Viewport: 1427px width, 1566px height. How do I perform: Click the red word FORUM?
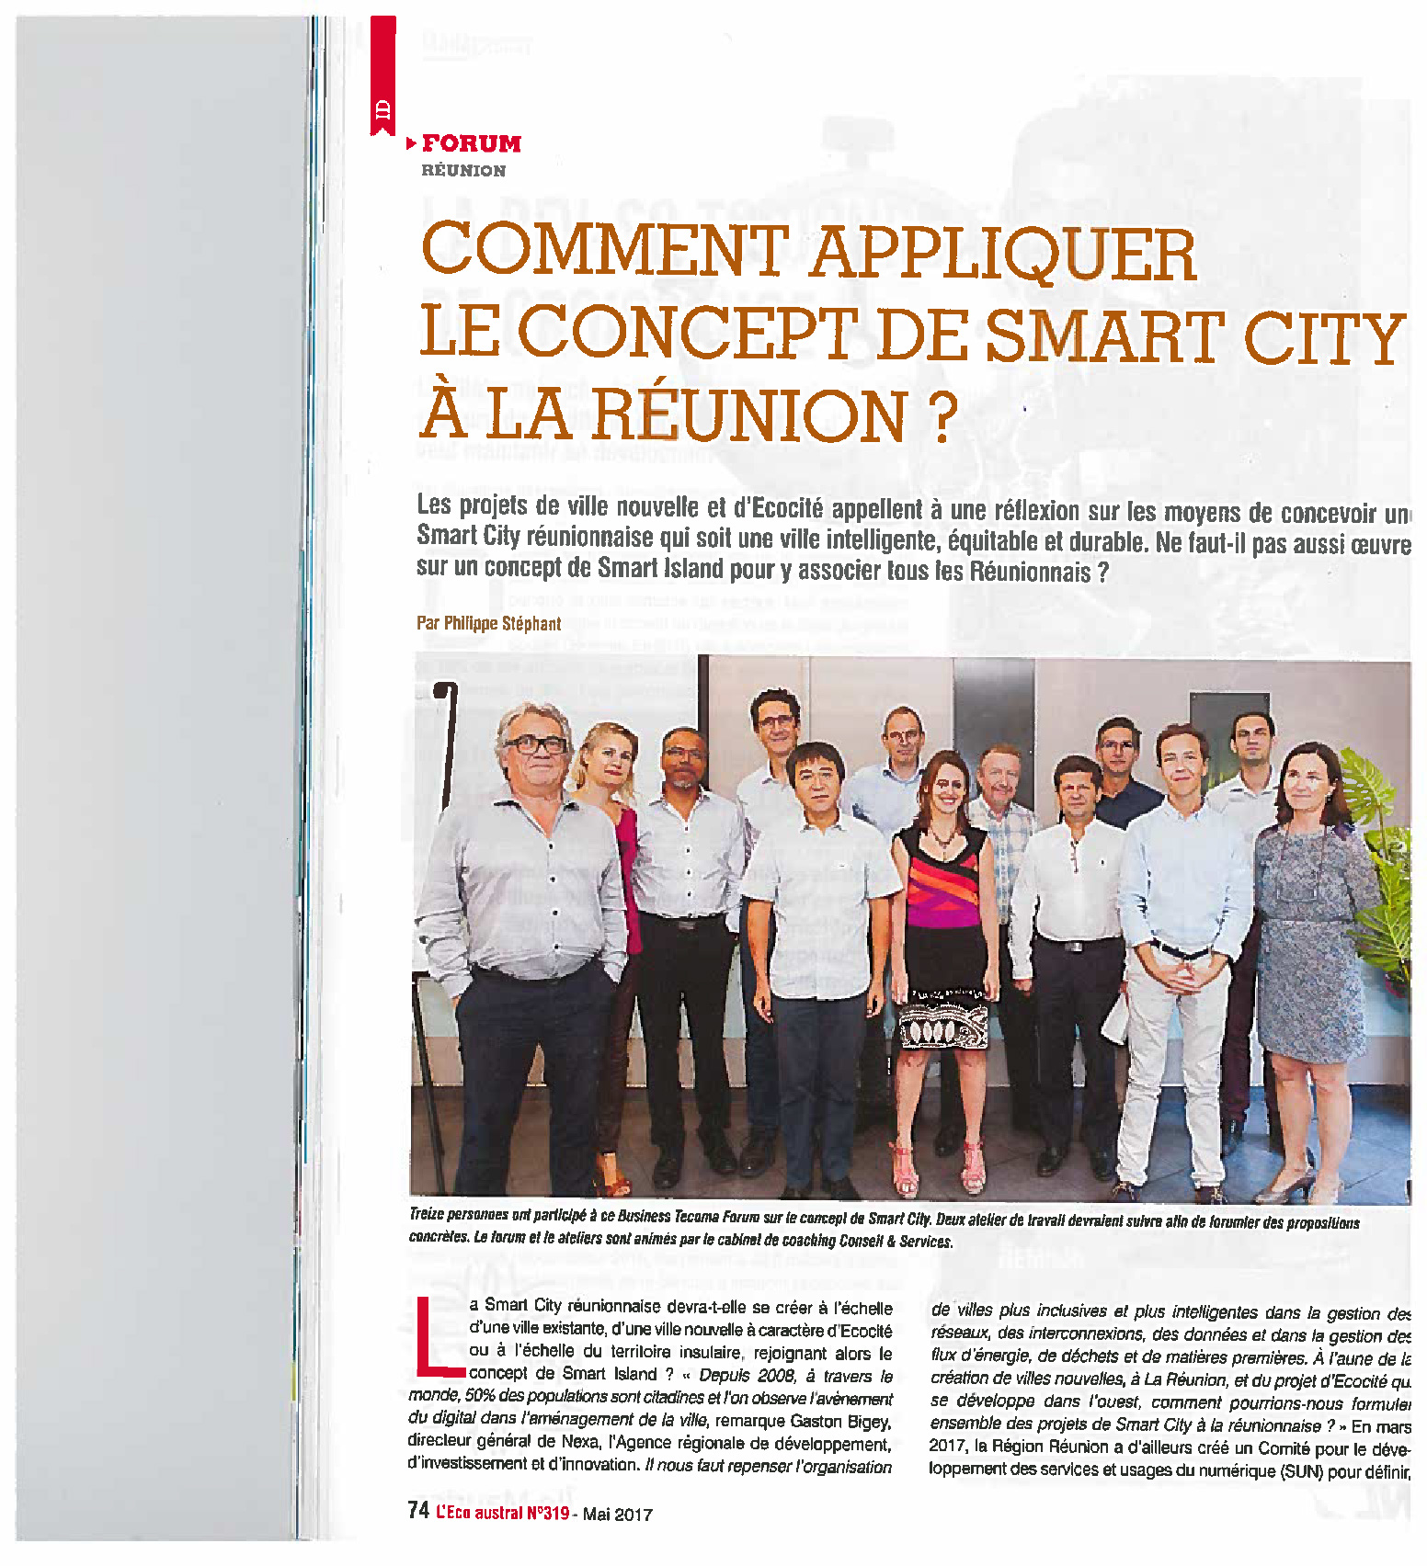(471, 144)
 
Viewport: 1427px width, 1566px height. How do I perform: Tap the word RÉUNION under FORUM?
(463, 171)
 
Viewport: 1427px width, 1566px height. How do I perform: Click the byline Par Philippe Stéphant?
(488, 623)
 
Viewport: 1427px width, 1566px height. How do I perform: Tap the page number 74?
(418, 1511)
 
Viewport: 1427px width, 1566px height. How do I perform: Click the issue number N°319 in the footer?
(546, 1513)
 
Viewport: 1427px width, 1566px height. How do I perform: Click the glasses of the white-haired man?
(535, 745)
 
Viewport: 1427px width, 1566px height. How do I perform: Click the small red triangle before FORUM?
(411, 143)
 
